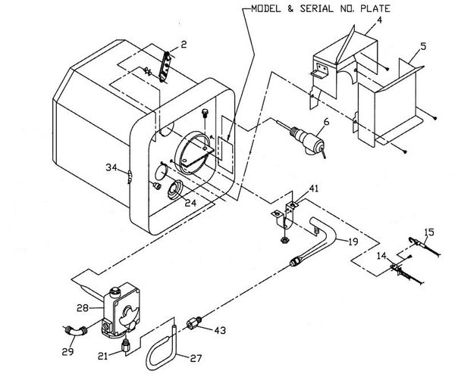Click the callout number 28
click(x=83, y=307)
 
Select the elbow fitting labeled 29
click(x=75, y=331)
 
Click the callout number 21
click(x=102, y=356)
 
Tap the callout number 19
click(x=353, y=242)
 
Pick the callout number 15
click(x=429, y=232)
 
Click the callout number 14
click(x=381, y=256)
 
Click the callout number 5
click(x=423, y=46)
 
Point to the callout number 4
click(x=380, y=20)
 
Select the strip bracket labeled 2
click(x=165, y=67)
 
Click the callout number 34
click(x=111, y=167)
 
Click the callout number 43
click(x=220, y=330)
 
